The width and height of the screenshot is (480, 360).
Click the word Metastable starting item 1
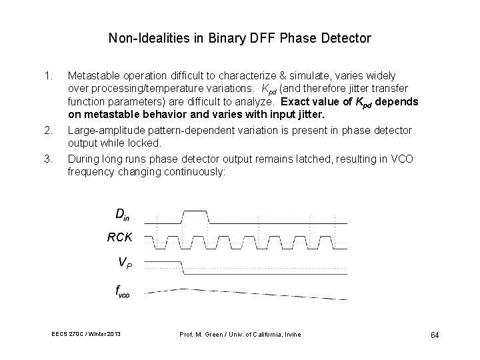click(92, 76)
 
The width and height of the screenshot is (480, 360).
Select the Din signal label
click(123, 214)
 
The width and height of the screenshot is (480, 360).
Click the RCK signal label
click(120, 237)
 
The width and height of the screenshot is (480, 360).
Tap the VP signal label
click(125, 263)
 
